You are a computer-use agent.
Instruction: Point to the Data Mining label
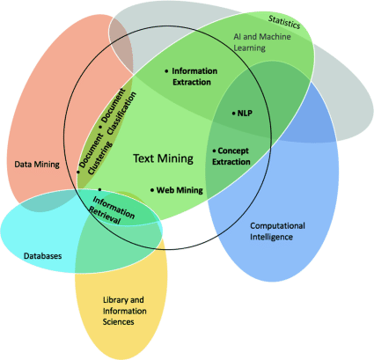(x=38, y=164)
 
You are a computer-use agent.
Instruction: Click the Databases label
(x=41, y=256)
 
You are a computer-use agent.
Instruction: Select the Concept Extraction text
(x=235, y=156)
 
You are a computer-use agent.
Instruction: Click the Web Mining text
(x=180, y=190)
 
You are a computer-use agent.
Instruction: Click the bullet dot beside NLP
(x=234, y=113)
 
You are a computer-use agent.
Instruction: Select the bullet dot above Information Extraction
(x=166, y=69)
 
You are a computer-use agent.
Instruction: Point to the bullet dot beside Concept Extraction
(x=214, y=151)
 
